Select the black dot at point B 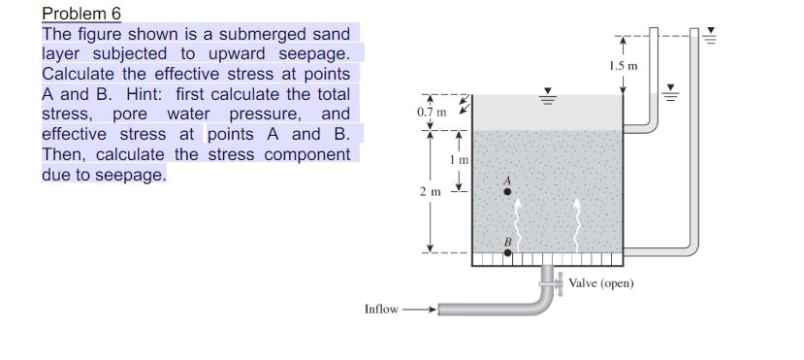pos(507,253)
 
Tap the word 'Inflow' pos(381,309)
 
